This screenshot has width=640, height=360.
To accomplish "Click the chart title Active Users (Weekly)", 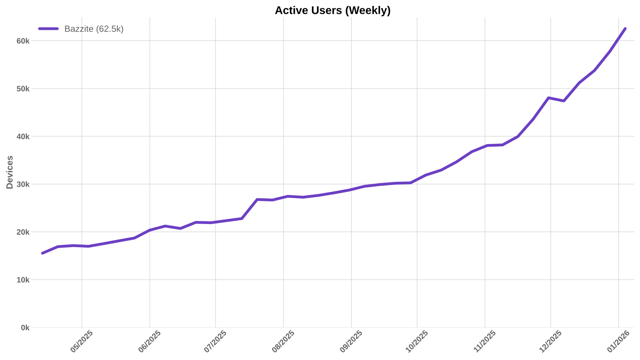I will point(332,10).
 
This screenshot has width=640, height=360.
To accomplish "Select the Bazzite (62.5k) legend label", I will point(94,29).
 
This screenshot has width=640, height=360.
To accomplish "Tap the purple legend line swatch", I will point(48,29).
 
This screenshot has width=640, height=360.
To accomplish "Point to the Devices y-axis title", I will point(9,172).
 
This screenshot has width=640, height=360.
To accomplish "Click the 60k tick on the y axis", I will point(23,41).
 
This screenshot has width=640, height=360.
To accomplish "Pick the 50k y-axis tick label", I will point(23,88).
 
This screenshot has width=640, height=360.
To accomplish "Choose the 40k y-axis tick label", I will point(23,136).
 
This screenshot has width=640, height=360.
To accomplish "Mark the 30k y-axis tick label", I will point(23,184).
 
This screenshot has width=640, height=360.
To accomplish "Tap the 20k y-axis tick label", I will point(23,232).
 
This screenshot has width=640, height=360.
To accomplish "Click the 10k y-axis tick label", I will point(23,280).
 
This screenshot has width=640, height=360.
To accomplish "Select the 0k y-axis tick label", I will point(25,328).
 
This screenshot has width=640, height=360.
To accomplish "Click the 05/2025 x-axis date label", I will point(82,341).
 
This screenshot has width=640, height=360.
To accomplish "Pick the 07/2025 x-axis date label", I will point(216,341).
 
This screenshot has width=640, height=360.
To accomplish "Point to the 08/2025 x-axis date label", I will point(283,341).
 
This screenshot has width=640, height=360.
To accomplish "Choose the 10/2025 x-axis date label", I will point(417,341).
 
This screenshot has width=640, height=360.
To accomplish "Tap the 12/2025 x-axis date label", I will point(551,341).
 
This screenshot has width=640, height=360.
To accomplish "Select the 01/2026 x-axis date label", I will point(618,341).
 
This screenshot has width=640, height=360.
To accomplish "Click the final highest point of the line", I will point(625,28).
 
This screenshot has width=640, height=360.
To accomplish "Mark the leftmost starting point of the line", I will point(42,253).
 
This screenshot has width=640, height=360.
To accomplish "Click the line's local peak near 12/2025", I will point(548,98).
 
